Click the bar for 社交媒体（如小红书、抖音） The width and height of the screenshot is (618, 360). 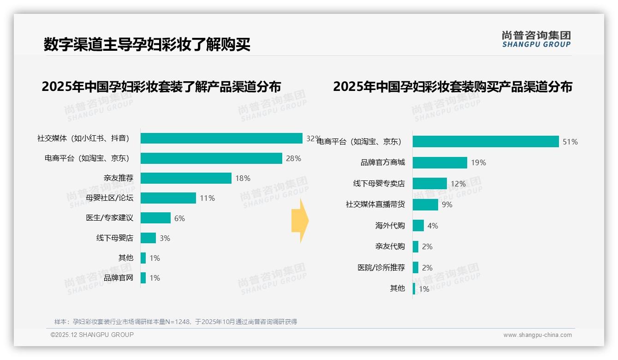pyautogui.click(x=221, y=138)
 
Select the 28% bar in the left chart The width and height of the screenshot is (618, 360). pyautogui.click(x=211, y=158)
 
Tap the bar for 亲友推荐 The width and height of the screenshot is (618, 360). pyautogui.click(x=186, y=178)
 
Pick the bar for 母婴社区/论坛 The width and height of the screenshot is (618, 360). pyautogui.click(x=168, y=198)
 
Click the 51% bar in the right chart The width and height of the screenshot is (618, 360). pyautogui.click(x=486, y=142)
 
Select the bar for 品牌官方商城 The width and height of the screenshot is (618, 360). pyautogui.click(x=440, y=162)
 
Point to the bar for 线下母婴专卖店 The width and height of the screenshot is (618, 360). pyautogui.click(x=430, y=184)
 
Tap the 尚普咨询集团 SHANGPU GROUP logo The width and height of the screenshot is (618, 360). pyautogui.click(x=536, y=39)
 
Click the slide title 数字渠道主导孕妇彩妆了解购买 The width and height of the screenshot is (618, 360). pyautogui.click(x=147, y=45)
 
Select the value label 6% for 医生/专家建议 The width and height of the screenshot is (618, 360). pyautogui.click(x=179, y=218)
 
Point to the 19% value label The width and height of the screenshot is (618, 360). pyautogui.click(x=479, y=162)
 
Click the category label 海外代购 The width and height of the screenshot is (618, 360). pyautogui.click(x=390, y=226)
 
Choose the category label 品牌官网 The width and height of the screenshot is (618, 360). pyautogui.click(x=119, y=278)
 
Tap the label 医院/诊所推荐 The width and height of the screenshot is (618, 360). pyautogui.click(x=381, y=267)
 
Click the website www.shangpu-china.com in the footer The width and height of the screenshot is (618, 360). pyautogui.click(x=537, y=335)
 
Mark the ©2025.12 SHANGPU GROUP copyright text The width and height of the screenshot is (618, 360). pyautogui.click(x=92, y=335)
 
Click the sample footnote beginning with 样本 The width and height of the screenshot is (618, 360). pyautogui.click(x=176, y=322)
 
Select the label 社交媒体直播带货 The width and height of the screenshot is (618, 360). pyautogui.click(x=375, y=204)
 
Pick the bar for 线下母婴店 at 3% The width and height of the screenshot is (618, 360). pyautogui.click(x=148, y=238)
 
